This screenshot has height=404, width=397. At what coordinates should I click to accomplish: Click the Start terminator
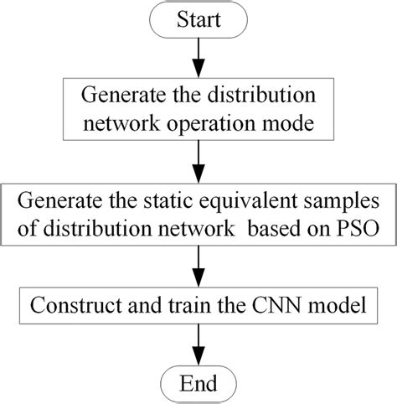[x=198, y=18]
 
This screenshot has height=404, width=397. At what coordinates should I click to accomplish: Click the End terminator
[x=198, y=384]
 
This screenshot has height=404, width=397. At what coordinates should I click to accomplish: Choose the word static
[x=164, y=201]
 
